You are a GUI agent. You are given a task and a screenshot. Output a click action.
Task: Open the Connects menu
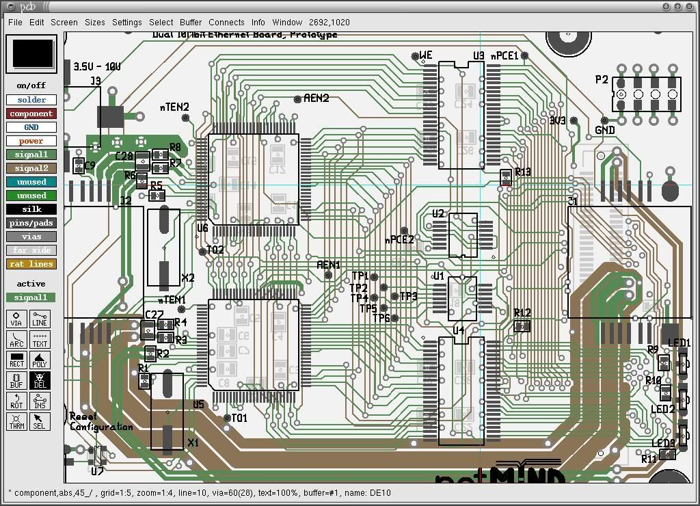coord(226,22)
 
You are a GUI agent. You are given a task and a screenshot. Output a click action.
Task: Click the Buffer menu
coord(191,22)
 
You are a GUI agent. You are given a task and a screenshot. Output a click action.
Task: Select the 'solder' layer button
coord(31,100)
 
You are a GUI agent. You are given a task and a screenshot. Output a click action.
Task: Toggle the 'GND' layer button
coord(31,127)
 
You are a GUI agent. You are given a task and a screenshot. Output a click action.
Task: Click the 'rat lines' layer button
coord(31,264)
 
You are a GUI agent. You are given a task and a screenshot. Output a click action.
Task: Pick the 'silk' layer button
coord(31,209)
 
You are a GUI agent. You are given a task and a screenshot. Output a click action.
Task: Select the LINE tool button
coord(39,319)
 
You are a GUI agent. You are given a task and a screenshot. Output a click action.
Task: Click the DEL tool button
coord(39,380)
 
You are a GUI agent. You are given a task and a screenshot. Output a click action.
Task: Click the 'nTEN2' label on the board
coord(174,107)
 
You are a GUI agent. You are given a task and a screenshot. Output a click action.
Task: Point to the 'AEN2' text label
coord(316,98)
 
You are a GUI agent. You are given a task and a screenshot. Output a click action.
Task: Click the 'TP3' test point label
coord(408,297)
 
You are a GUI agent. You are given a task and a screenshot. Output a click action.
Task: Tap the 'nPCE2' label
coord(399,240)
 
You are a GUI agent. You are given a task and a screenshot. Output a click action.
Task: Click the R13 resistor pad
coord(506,178)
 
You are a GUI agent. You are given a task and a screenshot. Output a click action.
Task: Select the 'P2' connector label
coord(602,80)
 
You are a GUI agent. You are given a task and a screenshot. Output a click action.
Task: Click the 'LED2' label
coord(662,410)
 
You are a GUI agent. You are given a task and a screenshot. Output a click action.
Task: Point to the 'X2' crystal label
coord(188,278)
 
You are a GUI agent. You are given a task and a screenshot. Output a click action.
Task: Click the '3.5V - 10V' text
coord(97,67)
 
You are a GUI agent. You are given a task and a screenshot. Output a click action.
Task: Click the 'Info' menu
coord(258,22)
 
